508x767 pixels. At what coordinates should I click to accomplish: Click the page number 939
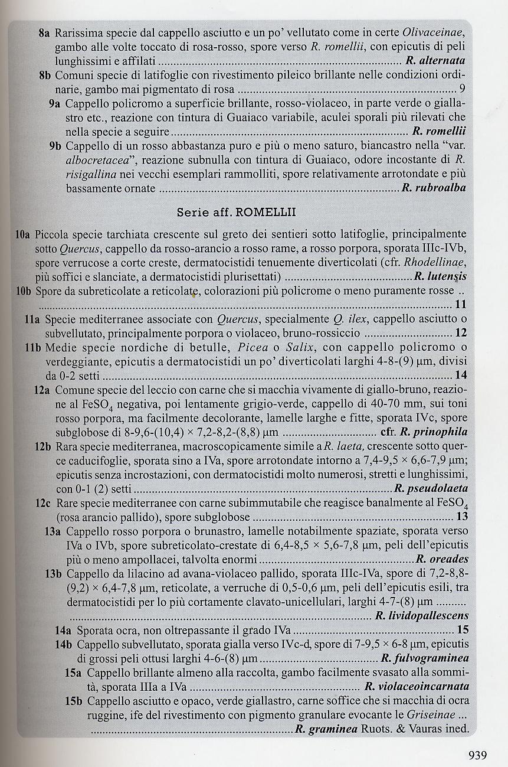pos(477,754)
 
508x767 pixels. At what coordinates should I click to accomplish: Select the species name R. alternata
pos(435,61)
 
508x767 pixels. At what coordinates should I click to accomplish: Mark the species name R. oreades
pos(442,559)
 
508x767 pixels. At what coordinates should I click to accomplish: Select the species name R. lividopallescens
pos(422,616)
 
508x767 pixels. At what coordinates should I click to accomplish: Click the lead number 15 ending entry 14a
pos(463,629)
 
